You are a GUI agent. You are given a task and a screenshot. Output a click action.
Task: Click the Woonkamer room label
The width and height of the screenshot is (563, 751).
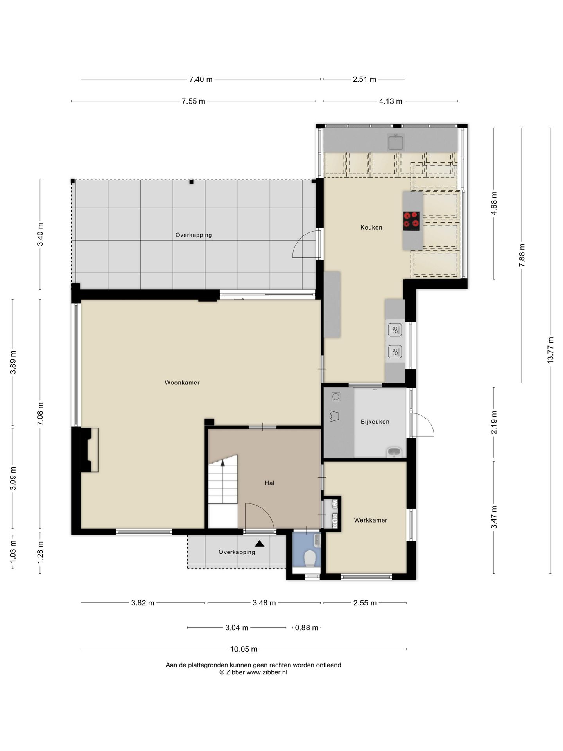pyautogui.click(x=182, y=383)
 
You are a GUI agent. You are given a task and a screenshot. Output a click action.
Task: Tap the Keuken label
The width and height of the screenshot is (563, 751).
pyautogui.click(x=371, y=227)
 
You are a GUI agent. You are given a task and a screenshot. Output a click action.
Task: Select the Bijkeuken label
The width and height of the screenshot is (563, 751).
pyautogui.click(x=375, y=422)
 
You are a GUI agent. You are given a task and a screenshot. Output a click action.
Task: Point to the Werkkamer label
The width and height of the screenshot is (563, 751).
pyautogui.click(x=371, y=520)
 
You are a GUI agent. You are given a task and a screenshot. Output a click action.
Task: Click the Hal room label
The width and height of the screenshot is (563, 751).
pyautogui.click(x=269, y=483)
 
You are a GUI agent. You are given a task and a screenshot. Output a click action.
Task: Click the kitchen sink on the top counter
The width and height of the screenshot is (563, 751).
pyautogui.click(x=396, y=142)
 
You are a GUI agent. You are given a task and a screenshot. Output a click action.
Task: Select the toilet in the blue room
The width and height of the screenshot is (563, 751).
pyautogui.click(x=310, y=558)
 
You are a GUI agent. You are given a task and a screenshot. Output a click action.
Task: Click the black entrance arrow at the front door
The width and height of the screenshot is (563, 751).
pyautogui.click(x=260, y=544)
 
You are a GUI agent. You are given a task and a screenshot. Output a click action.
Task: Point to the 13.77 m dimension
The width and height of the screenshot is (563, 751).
pyautogui.click(x=550, y=350)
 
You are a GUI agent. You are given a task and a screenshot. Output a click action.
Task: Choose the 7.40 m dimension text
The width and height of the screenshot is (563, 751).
pyautogui.click(x=201, y=79)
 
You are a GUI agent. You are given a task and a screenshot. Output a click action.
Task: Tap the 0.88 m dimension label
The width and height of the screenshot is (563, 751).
pyautogui.click(x=307, y=628)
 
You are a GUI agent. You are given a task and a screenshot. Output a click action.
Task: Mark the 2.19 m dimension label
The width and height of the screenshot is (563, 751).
pyautogui.click(x=494, y=422)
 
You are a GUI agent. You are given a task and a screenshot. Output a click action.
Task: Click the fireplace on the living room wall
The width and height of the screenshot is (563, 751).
pyautogui.click(x=90, y=450)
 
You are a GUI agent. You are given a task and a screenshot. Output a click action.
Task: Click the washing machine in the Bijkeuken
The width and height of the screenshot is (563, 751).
pyautogui.click(x=336, y=397)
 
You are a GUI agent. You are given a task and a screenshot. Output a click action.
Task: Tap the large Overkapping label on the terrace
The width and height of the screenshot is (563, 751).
pyautogui.click(x=194, y=235)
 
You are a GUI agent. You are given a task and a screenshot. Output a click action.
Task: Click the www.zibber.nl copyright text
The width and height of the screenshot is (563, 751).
pyautogui.click(x=253, y=672)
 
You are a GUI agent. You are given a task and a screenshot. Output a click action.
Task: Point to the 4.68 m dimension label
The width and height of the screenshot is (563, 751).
pyautogui.click(x=494, y=203)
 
